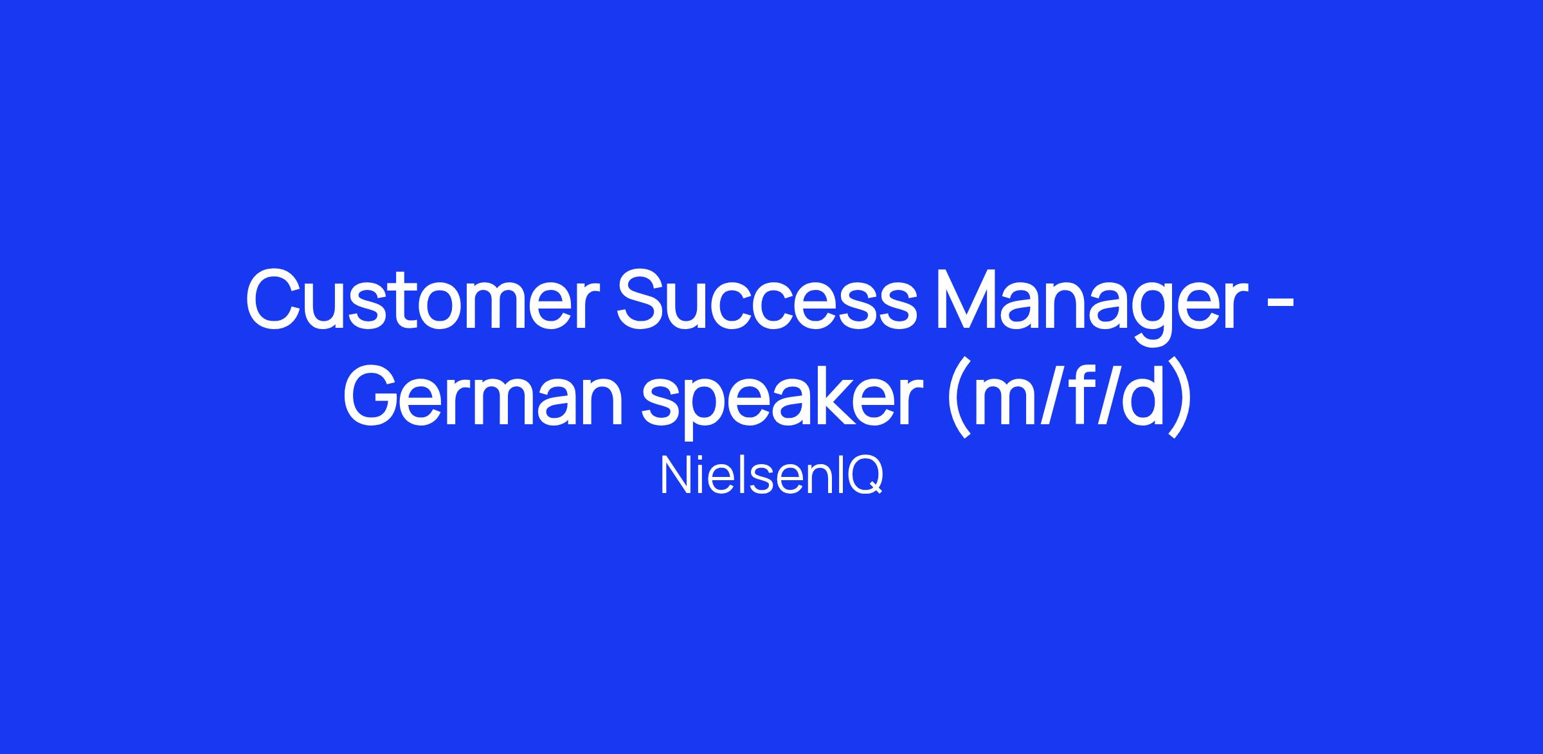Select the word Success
pos(766,300)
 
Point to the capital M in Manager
pos(968,300)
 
